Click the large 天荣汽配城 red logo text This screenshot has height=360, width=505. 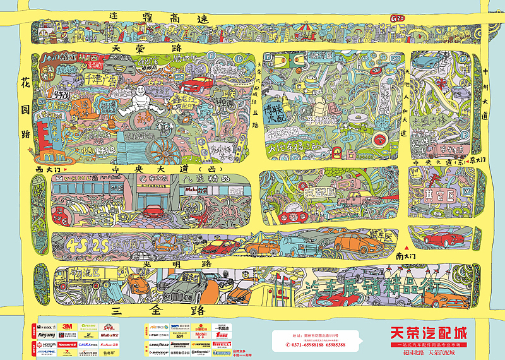click(432, 332)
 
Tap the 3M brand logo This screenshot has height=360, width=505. click(68, 327)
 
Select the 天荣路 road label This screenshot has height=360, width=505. click(145, 48)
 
